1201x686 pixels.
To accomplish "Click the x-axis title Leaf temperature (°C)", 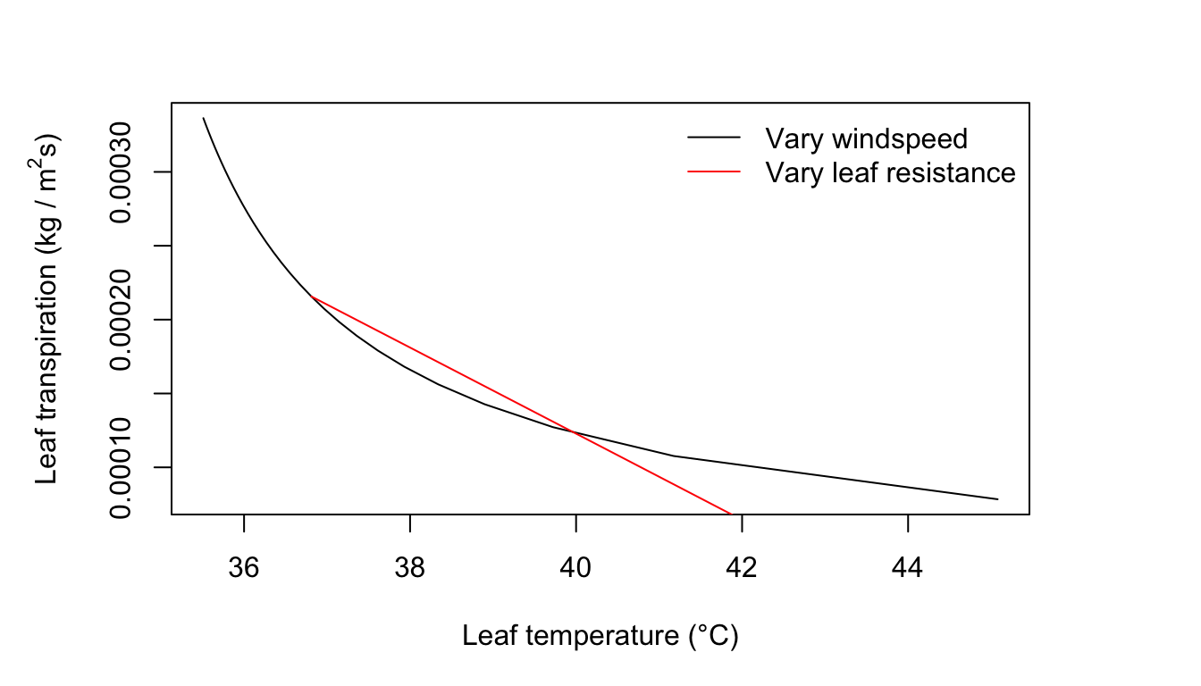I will pyautogui.click(x=600, y=636).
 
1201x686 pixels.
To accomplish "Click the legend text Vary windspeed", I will pyautogui.click(x=866, y=138).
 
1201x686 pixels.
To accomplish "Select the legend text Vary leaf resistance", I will pyautogui.click(x=890, y=171).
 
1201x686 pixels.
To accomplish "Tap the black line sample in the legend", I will pyautogui.click(x=714, y=138).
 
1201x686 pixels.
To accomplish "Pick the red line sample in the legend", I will pyautogui.click(x=714, y=171).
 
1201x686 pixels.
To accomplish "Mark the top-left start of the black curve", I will pyautogui.click(x=204, y=118).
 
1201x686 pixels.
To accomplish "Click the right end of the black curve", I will pyautogui.click(x=997, y=499).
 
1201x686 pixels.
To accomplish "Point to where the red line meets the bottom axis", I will pyautogui.click(x=730, y=514).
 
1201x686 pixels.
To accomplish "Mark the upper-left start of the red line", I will pyautogui.click(x=310, y=295).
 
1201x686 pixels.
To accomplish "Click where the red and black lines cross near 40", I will pyautogui.click(x=572, y=431).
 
